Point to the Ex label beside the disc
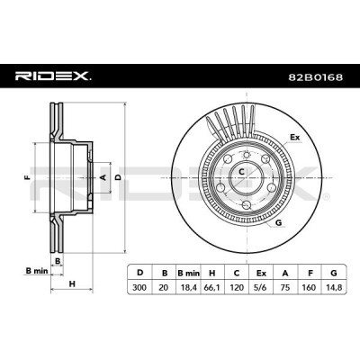click(x=294, y=137)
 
